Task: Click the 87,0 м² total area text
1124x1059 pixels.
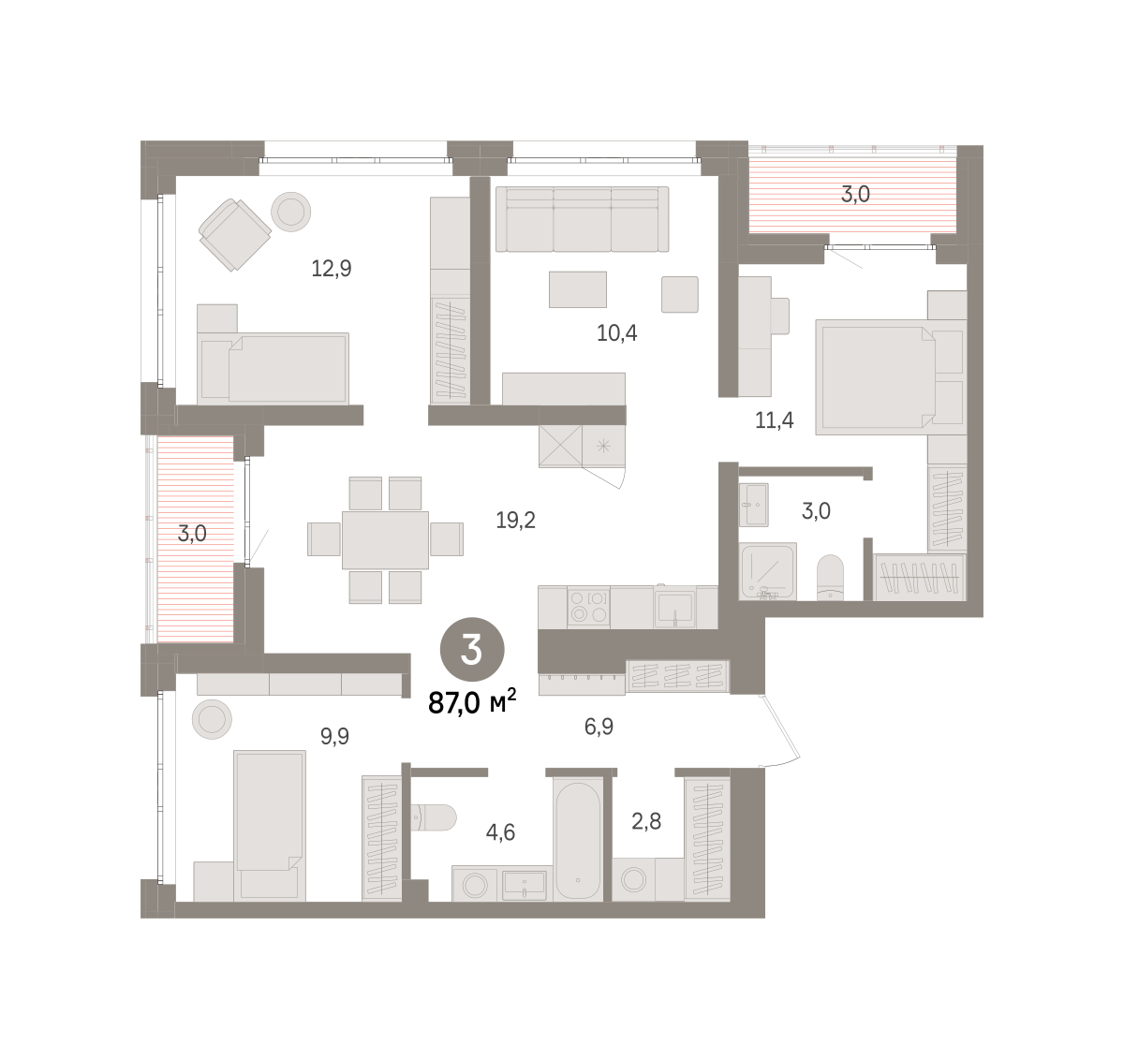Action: click(472, 703)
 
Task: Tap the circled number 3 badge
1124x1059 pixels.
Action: click(472, 649)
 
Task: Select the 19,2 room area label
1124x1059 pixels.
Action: click(515, 520)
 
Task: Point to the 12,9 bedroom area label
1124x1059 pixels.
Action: click(331, 268)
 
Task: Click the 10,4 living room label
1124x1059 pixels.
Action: click(617, 332)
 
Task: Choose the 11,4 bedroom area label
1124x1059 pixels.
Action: click(774, 420)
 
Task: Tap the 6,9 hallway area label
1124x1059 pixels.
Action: click(599, 727)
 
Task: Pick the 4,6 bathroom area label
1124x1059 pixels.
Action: click(500, 832)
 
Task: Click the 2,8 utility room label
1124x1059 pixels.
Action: click(645, 821)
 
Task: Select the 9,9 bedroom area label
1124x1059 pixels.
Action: click(334, 736)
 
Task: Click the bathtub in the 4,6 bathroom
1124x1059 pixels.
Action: click(578, 840)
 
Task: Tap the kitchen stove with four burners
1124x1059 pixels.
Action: click(588, 607)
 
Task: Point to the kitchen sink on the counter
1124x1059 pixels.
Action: click(674, 609)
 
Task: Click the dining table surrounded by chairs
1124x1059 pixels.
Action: click(385, 540)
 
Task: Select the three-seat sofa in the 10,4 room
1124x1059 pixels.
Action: click(582, 219)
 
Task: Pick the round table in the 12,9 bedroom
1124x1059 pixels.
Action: click(291, 212)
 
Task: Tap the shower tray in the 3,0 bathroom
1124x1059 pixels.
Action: click(767, 570)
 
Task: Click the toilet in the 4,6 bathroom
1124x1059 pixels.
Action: click(434, 817)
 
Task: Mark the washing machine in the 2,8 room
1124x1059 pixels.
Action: click(633, 879)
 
